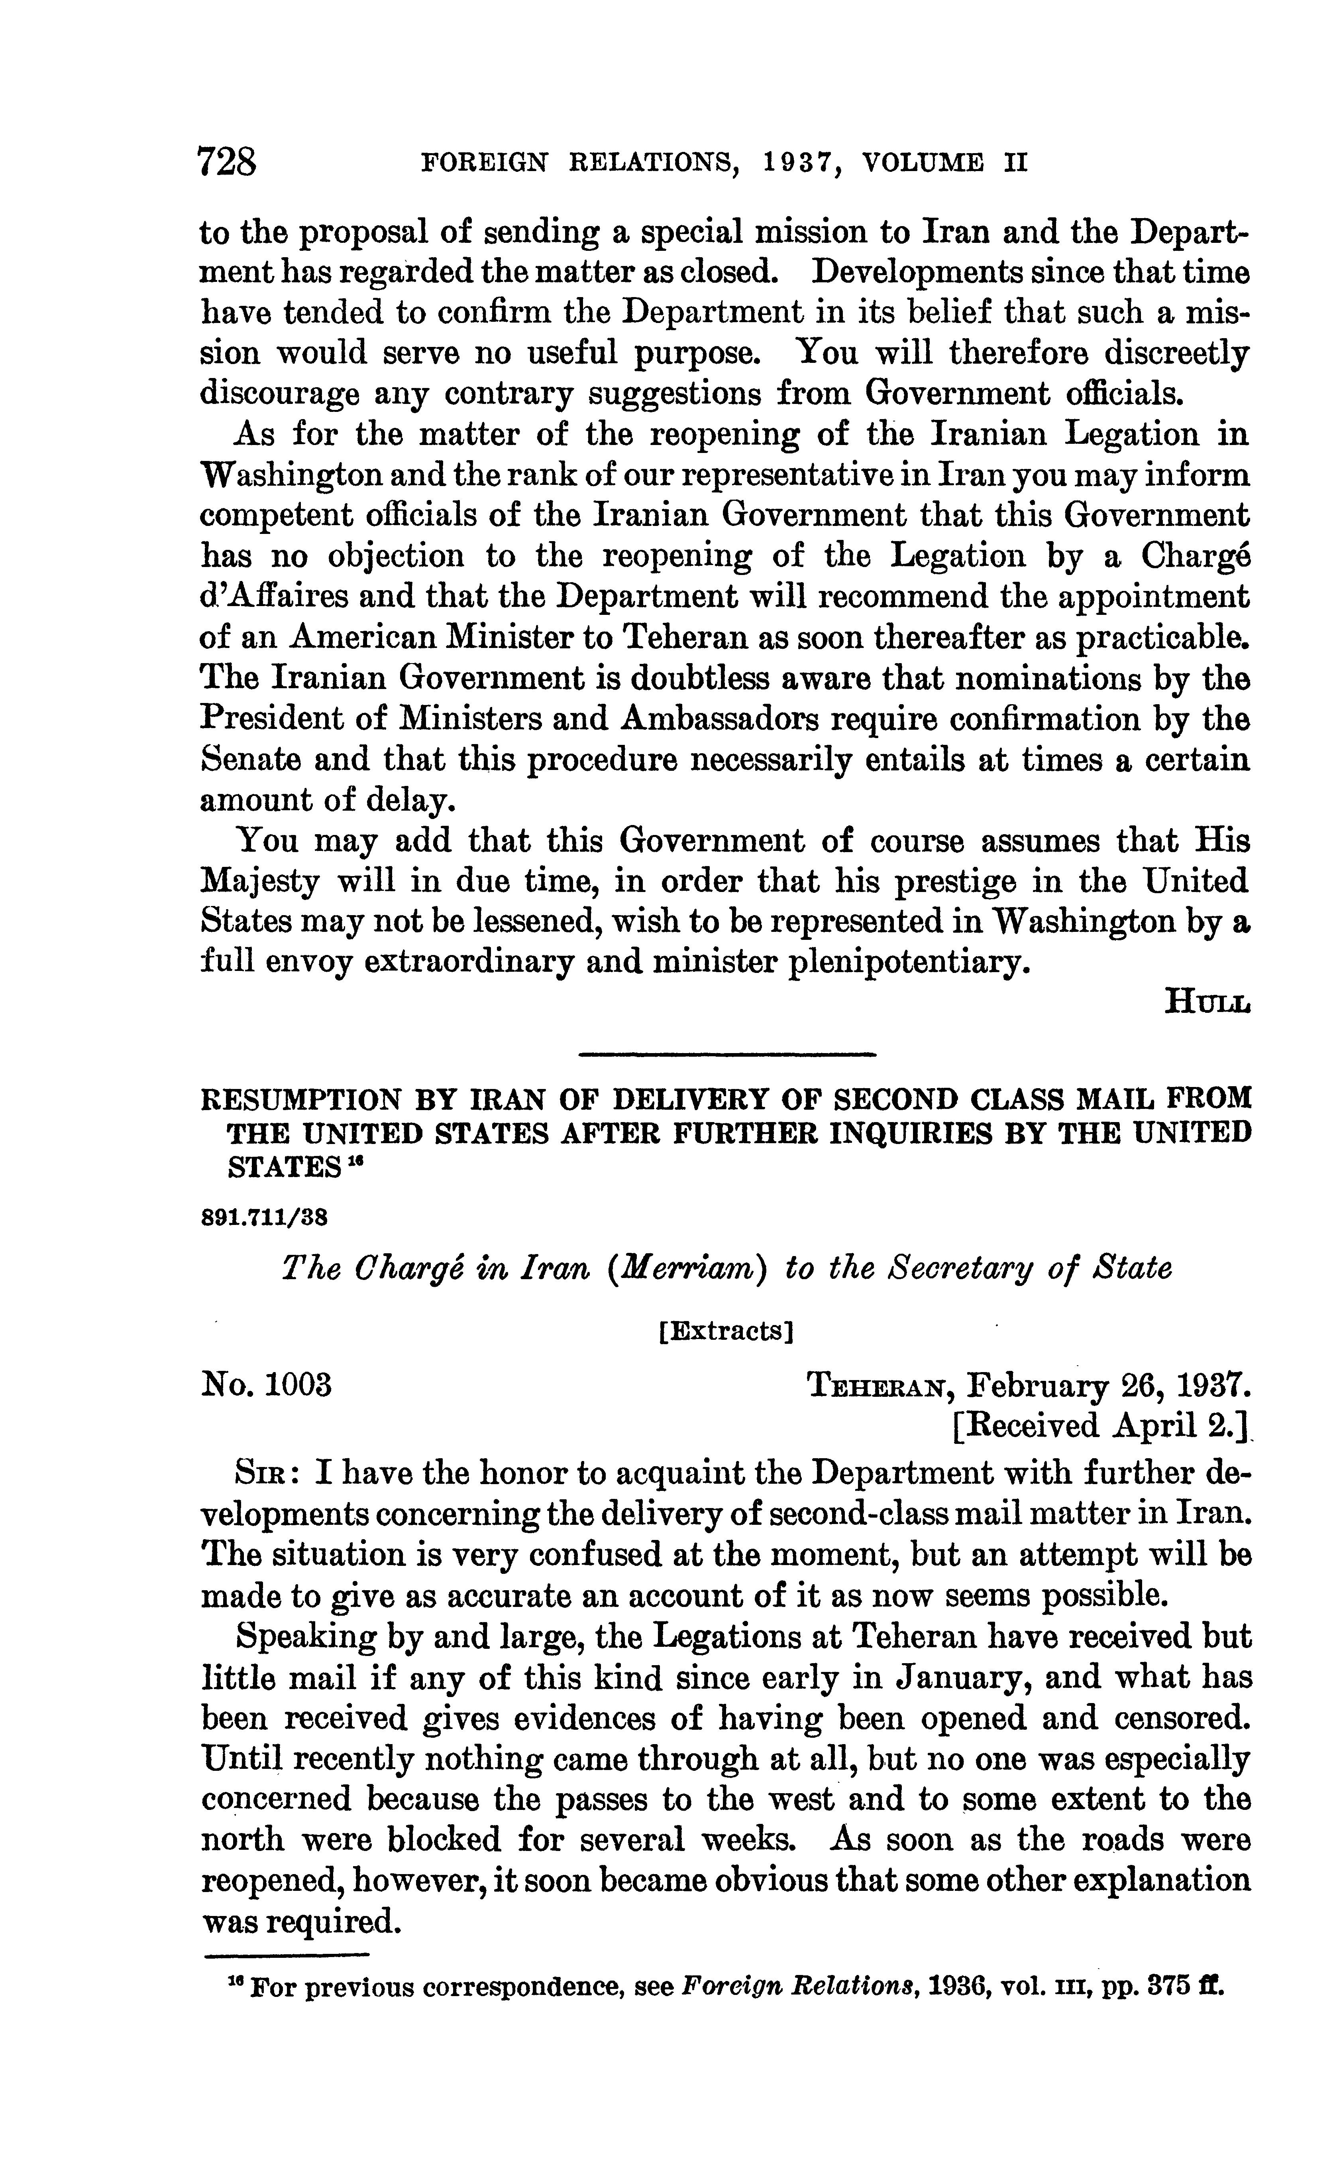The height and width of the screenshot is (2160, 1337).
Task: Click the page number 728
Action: (227, 163)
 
